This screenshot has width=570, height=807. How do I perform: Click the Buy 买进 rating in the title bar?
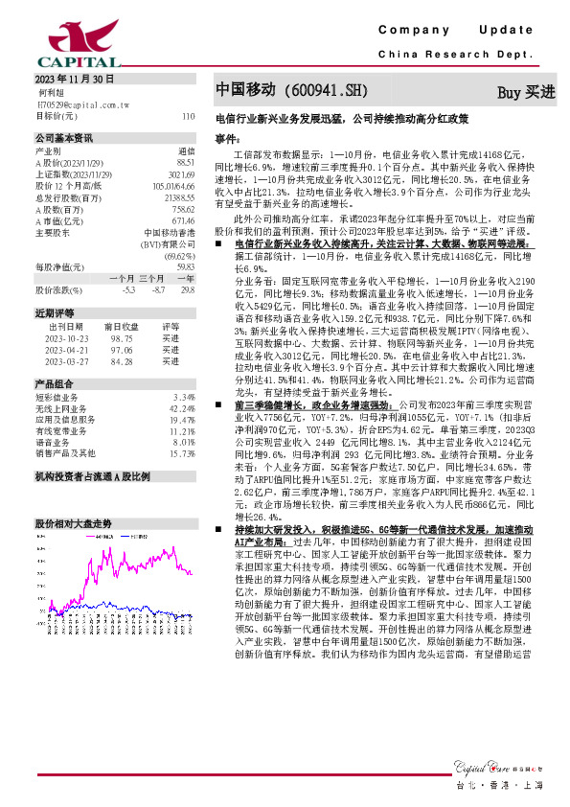point(526,92)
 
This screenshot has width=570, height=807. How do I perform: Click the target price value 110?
point(187,115)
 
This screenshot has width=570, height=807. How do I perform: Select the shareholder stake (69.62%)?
point(179,257)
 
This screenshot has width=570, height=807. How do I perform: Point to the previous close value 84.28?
point(122,361)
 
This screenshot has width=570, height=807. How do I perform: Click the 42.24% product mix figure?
point(182,408)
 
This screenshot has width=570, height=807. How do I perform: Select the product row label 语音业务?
point(52,443)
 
